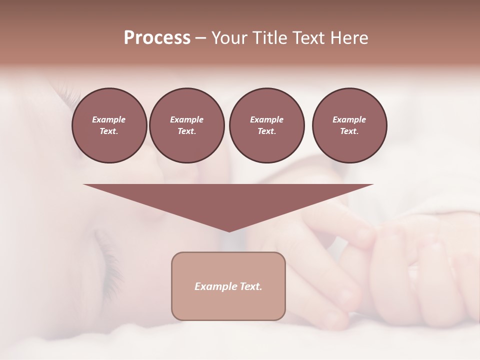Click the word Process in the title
157,38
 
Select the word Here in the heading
349,38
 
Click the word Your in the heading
230,38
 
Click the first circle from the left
109,125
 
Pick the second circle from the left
186,125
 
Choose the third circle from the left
266,125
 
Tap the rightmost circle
349,125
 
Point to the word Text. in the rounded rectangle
251,286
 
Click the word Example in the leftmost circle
109,119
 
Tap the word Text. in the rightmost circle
349,131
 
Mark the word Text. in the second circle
186,131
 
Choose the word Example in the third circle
266,119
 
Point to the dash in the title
200,38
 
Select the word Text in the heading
309,38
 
